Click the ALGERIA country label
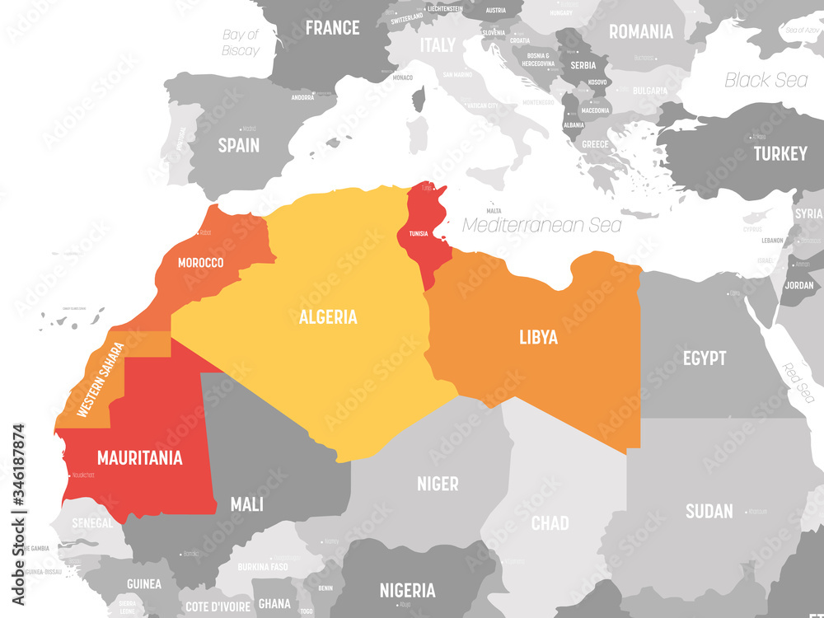click(328, 316)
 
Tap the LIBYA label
click(538, 337)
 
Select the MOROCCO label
click(200, 263)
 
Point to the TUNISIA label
click(419, 233)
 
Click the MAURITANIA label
click(139, 458)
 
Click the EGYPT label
click(705, 358)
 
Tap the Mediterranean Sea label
click(542, 225)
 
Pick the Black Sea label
click(765, 80)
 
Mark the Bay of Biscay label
click(241, 42)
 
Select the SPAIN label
click(238, 146)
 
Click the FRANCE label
click(333, 28)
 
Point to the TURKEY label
click(780, 154)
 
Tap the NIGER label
click(438, 484)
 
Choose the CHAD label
click(550, 522)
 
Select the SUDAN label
click(709, 511)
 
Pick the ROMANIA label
click(640, 32)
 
